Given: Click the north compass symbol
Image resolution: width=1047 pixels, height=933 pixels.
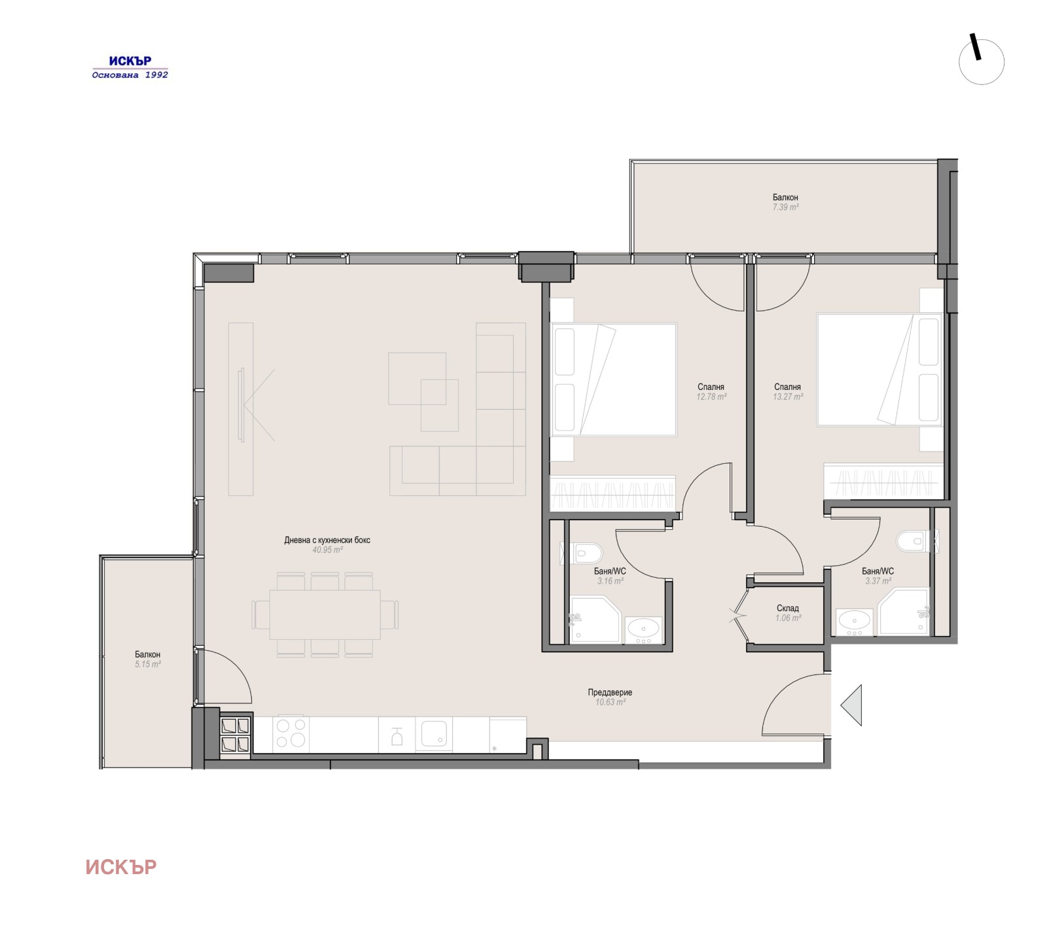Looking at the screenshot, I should [x=981, y=62].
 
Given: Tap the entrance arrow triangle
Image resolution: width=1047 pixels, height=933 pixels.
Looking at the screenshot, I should [x=852, y=705].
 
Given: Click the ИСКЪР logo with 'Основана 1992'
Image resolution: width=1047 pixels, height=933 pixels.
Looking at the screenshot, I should [x=130, y=67].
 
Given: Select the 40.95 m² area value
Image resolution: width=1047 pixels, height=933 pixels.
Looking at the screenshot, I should [x=327, y=550].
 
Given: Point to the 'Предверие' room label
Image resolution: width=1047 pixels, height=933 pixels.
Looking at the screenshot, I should [x=610, y=692].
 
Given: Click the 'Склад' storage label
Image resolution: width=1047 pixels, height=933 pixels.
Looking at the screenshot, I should [x=787, y=608].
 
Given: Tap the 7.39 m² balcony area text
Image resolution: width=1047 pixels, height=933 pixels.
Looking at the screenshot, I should [x=785, y=207].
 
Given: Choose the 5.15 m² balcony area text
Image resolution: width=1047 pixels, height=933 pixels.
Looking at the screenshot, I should [x=148, y=664].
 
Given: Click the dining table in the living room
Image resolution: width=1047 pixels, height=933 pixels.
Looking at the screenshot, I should [x=325, y=614].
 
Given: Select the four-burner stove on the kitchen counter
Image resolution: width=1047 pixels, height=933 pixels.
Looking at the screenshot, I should [x=291, y=733].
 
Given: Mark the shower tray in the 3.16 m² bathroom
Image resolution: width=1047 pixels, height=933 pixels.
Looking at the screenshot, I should [x=594, y=619].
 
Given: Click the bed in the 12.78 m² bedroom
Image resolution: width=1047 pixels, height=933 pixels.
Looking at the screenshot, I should [x=614, y=379].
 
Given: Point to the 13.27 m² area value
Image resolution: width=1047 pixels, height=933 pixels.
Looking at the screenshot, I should [x=787, y=396].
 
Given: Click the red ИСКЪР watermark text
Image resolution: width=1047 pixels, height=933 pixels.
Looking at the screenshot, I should [x=121, y=867].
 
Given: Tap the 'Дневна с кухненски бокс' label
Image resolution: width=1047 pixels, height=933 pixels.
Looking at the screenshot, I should [x=327, y=540].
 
